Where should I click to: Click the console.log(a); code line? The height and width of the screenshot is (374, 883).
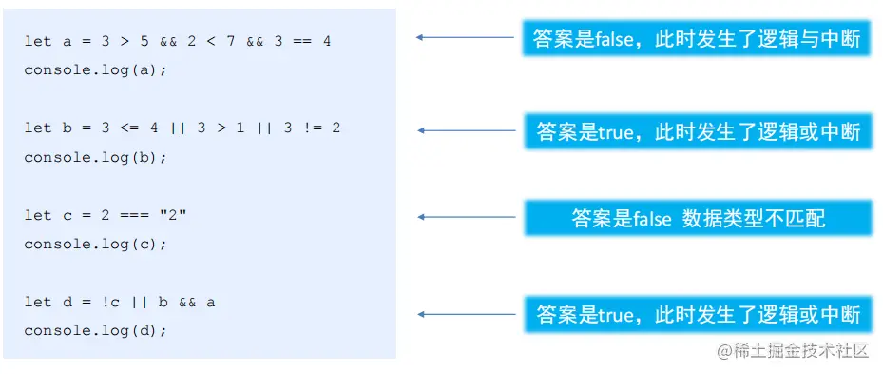coord(95,70)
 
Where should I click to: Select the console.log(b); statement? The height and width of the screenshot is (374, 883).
coord(95,157)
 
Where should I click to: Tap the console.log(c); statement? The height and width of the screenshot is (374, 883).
coord(95,244)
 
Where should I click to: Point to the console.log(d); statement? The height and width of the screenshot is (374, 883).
coord(95,330)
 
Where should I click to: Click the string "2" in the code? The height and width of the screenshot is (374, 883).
coord(176,215)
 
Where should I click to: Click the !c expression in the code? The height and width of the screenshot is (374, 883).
coord(118,302)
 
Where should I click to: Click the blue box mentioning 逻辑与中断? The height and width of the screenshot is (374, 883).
coord(697,38)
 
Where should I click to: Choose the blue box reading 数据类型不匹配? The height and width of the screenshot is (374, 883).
coord(698,218)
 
